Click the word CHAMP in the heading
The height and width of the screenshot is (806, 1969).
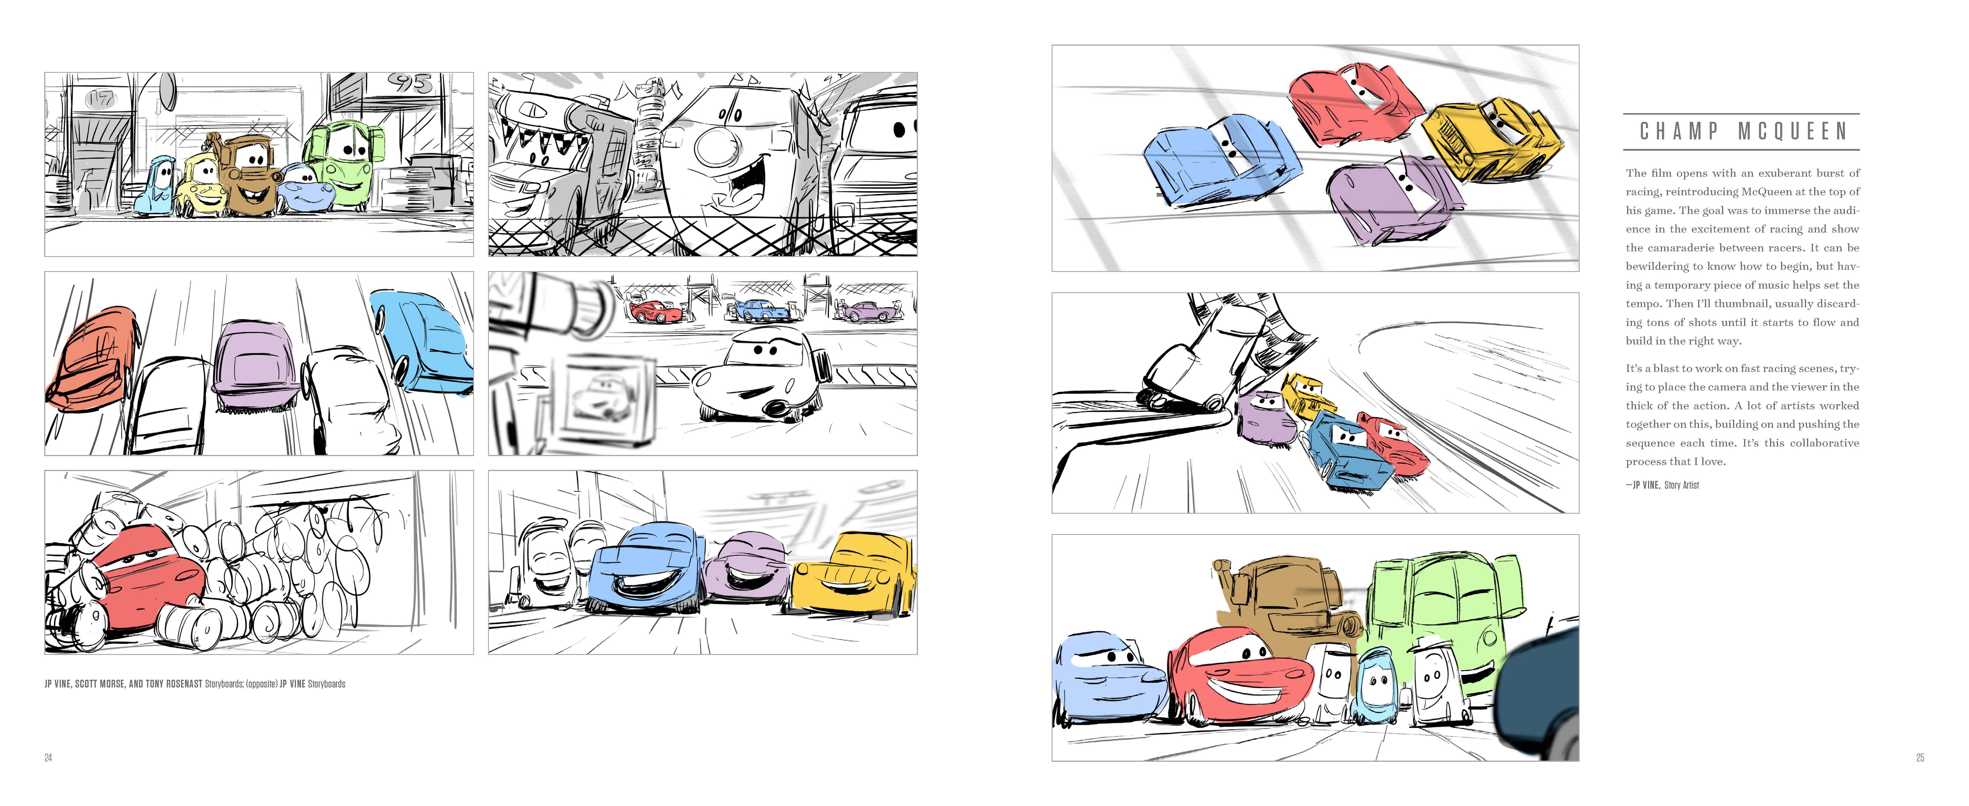click(x=1678, y=132)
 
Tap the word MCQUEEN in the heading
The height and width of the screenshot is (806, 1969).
click(x=1792, y=132)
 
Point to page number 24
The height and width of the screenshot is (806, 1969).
click(x=48, y=758)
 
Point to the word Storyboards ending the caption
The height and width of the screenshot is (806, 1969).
click(x=326, y=684)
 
